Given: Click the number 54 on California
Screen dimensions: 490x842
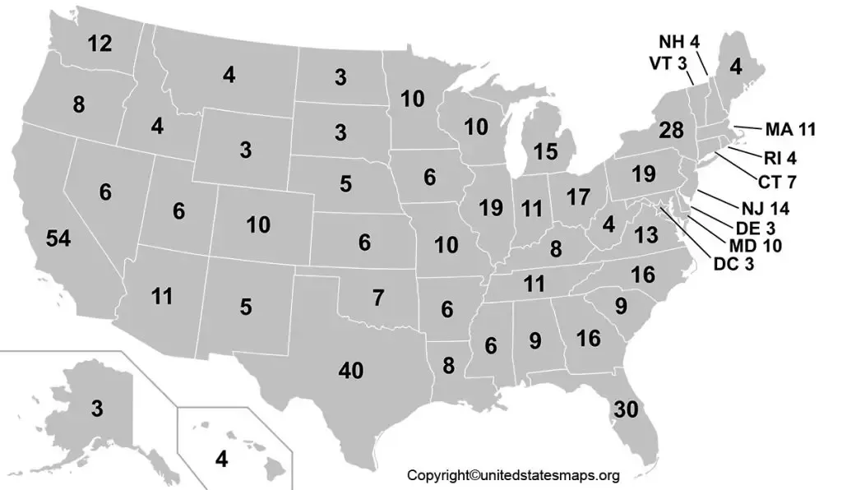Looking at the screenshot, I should (58, 239).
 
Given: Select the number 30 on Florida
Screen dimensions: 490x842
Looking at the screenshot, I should (627, 409).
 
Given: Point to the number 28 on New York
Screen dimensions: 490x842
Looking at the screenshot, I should (671, 130).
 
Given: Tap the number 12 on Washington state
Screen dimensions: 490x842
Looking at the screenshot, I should (100, 44).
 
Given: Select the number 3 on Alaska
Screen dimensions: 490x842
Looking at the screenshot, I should (97, 409).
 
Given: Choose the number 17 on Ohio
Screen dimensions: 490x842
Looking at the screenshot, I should (579, 197).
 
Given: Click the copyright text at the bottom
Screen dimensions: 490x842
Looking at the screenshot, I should (514, 475).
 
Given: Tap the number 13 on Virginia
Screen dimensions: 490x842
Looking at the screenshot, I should (646, 236).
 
